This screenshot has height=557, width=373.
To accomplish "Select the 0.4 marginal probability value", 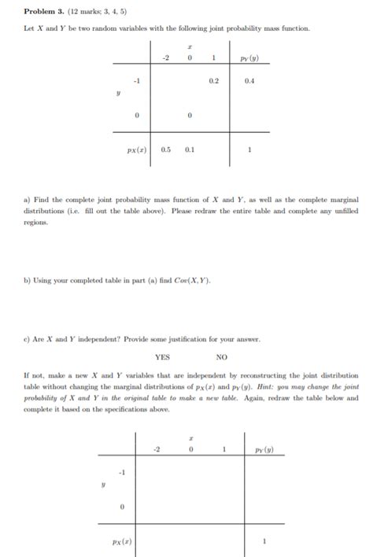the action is (x=249, y=80).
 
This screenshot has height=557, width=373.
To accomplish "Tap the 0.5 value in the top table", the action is (x=167, y=148).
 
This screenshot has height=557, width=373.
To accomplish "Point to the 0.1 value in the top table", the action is (x=190, y=148).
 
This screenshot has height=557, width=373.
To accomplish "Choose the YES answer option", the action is (x=162, y=356).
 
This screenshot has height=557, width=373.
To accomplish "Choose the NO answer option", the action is (x=222, y=356).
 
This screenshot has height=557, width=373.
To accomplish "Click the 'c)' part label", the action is (x=28, y=339).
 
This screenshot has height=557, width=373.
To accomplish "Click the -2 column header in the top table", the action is (x=166, y=58).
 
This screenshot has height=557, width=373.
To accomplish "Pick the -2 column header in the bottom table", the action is (x=157, y=449).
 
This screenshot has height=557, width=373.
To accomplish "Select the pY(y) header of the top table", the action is (x=250, y=58).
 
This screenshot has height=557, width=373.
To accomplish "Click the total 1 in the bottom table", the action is (x=265, y=542).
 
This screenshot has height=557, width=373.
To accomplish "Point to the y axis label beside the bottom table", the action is (x=103, y=485).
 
